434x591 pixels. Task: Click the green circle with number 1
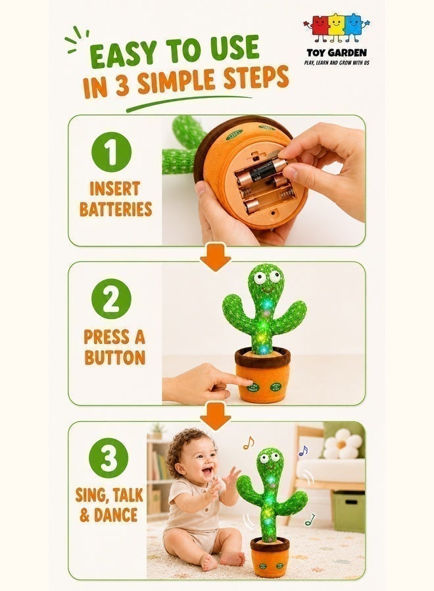click(111, 152)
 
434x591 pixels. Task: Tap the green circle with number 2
click(111, 299)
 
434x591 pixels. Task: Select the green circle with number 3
click(108, 458)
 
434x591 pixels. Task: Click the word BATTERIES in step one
click(116, 209)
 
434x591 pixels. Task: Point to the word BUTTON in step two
click(115, 357)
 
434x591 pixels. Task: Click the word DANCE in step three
click(116, 515)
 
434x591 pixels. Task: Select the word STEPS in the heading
click(256, 77)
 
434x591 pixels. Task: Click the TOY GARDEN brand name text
click(337, 53)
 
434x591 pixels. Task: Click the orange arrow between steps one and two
click(216, 257)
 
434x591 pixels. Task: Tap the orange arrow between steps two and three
click(216, 416)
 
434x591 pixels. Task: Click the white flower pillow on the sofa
click(343, 444)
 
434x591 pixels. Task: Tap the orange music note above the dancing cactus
click(249, 443)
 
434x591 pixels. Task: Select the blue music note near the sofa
click(303, 450)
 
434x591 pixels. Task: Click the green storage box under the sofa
click(349, 512)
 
